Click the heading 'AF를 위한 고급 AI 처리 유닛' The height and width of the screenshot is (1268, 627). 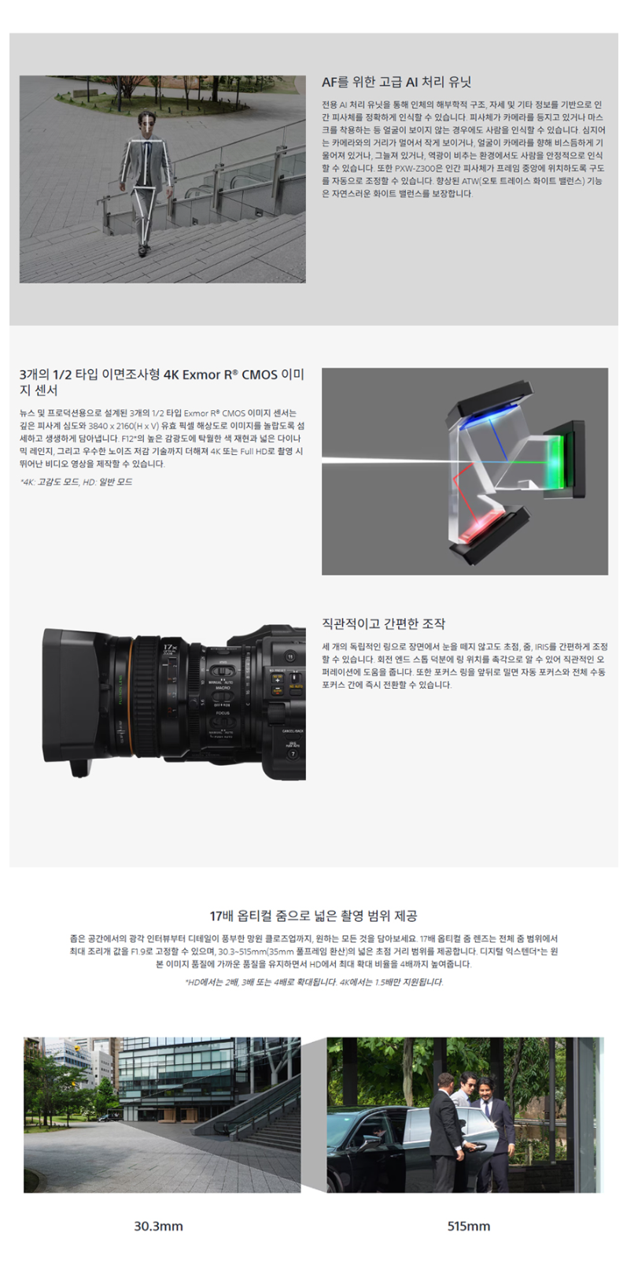click(396, 82)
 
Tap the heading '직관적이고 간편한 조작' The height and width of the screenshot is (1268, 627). click(384, 624)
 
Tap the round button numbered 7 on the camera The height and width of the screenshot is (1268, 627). click(293, 754)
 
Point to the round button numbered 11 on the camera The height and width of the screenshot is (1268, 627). click(290, 656)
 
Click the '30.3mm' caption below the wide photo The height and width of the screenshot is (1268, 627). click(158, 1226)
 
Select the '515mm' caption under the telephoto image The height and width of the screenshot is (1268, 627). click(469, 1226)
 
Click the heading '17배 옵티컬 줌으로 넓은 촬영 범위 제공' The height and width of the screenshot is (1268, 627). click(313, 916)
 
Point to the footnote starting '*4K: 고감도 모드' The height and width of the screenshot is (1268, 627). click(76, 482)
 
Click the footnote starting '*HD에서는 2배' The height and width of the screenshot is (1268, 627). click(314, 982)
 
